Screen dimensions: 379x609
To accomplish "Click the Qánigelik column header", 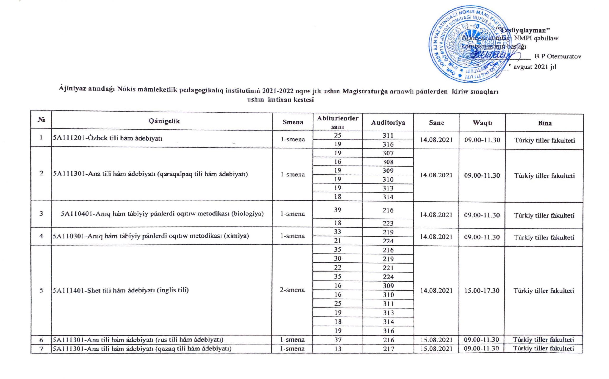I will (164, 121).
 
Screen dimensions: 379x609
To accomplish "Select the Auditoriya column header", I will (388, 123).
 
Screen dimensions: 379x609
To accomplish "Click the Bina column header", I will (545, 123).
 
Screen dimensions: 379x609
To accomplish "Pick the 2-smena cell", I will (292, 290).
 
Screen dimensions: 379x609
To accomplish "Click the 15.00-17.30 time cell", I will (482, 291).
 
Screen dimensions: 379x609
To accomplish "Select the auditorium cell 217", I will (389, 349).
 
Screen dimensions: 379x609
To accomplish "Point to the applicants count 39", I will (338, 210).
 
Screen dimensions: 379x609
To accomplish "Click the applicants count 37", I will (338, 340).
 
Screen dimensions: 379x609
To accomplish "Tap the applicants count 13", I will (338, 349).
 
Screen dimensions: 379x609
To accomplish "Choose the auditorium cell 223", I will (388, 223).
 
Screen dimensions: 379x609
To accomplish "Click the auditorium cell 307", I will (388, 153).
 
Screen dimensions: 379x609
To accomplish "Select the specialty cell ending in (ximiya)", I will (151, 236).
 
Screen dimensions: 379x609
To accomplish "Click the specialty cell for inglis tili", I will (121, 290).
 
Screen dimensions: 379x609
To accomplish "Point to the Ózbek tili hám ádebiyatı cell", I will (108, 139).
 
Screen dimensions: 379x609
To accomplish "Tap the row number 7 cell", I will (41, 349).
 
